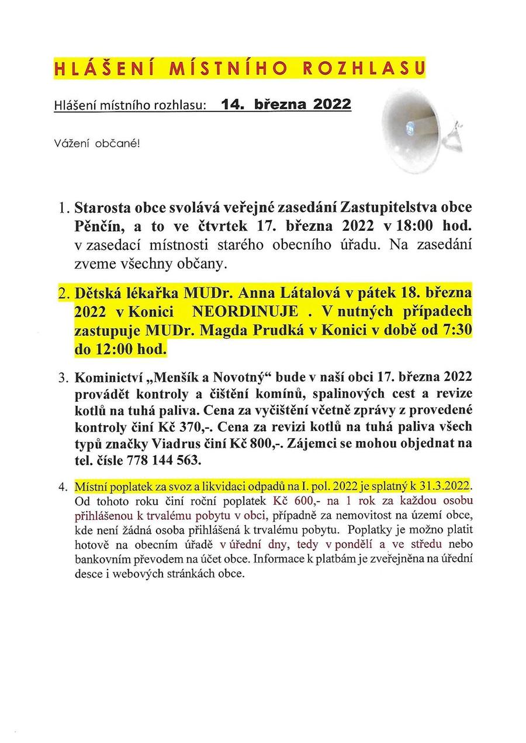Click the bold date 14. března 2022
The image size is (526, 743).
point(286,105)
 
